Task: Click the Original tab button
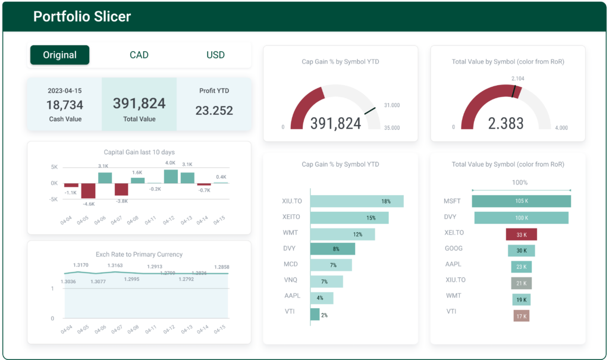(59, 55)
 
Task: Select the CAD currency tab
(139, 55)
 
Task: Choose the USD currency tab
(215, 55)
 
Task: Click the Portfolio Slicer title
(82, 17)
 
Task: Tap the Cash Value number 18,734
(64, 105)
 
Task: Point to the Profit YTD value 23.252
(214, 110)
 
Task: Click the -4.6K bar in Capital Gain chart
(88, 190)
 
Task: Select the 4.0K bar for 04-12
(171, 176)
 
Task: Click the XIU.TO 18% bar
(357, 201)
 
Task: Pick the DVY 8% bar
(332, 249)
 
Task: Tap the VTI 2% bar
(315, 314)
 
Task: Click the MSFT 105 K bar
(521, 201)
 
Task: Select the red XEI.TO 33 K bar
(521, 234)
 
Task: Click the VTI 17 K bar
(521, 316)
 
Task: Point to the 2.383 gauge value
(506, 123)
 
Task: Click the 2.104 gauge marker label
(518, 78)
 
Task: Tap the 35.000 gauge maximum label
(391, 127)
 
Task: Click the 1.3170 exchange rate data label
(81, 265)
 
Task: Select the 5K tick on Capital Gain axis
(54, 167)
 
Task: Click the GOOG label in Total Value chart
(453, 248)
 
